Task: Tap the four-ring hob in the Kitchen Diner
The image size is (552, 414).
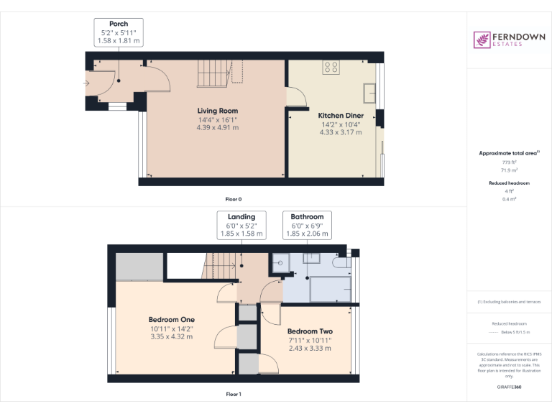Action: click(331, 68)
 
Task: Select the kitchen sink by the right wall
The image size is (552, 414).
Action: click(371, 93)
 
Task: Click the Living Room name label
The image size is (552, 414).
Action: click(217, 111)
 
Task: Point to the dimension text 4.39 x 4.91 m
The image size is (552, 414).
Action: click(217, 127)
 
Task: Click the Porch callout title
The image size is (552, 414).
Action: click(119, 24)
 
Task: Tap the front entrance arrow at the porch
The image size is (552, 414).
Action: click(86, 83)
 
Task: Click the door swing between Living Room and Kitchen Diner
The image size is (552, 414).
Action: click(295, 96)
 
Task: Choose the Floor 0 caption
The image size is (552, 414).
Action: click(234, 198)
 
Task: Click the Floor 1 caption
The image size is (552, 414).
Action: click(234, 394)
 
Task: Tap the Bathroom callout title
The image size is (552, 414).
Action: click(307, 216)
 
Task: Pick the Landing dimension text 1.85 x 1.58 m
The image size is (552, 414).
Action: click(241, 234)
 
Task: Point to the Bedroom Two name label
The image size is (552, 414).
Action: click(310, 331)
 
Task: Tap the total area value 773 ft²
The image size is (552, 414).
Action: click(509, 163)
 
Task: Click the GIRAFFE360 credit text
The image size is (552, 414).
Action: click(509, 387)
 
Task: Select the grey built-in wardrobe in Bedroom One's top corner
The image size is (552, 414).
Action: click(139, 267)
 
